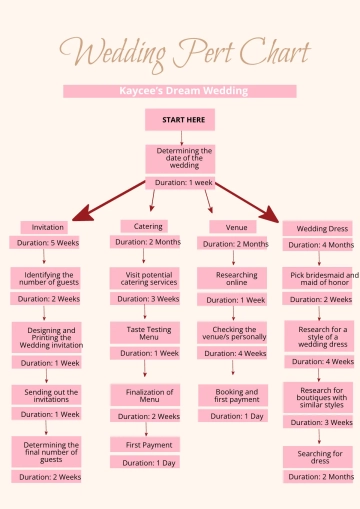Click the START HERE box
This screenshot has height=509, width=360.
tap(180, 120)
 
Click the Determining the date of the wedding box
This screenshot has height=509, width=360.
tap(180, 159)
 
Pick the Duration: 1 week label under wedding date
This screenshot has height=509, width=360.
tap(180, 183)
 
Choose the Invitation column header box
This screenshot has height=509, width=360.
tap(48, 227)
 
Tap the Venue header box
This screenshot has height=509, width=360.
tap(235, 227)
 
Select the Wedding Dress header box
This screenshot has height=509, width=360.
tap(320, 228)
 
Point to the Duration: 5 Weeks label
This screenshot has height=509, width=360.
tap(48, 242)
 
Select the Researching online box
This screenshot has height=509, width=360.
tap(235, 278)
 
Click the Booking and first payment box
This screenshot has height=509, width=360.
tap(236, 395)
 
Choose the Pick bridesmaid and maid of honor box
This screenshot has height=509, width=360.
tap(320, 279)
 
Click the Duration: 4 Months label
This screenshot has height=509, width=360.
tap(320, 244)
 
